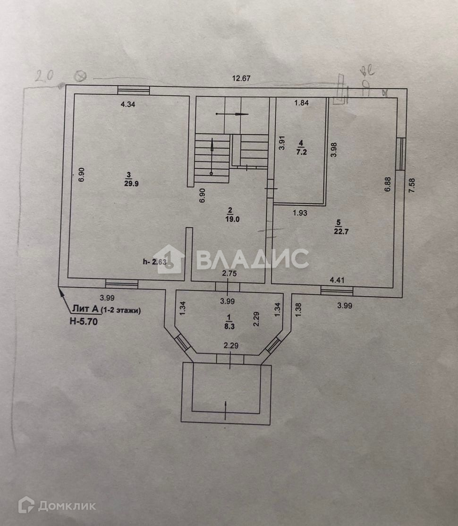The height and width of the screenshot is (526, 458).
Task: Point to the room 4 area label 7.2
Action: pos(300,152)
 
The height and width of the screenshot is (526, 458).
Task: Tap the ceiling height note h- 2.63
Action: pos(154,263)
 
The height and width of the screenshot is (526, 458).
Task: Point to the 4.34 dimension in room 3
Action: pos(129,104)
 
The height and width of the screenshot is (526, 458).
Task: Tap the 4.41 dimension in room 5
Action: pos(338,280)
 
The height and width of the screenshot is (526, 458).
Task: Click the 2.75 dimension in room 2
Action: pos(229,273)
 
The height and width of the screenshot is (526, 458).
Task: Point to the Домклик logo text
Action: pos(67,506)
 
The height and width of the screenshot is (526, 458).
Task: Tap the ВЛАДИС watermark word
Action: pos(252,259)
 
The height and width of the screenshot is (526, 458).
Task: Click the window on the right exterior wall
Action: pos(400,154)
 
